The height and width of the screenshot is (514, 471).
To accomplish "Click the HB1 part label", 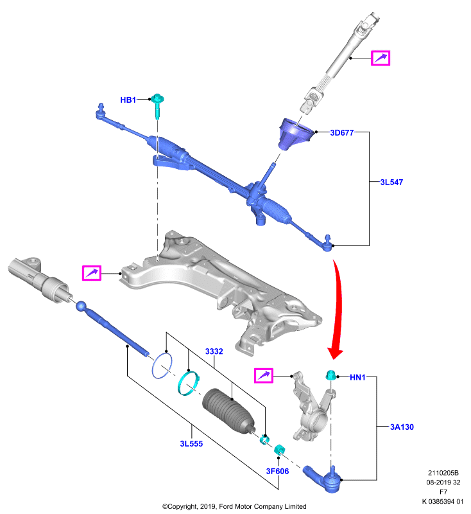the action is point(128,100).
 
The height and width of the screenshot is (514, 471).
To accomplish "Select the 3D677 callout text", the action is point(342,132).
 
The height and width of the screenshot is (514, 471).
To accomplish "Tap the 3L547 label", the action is point(391,182).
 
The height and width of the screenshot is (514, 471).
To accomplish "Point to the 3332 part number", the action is point(214,351).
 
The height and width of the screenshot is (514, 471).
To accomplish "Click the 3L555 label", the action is point(191,443).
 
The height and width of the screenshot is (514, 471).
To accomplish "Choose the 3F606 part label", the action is point(278,471).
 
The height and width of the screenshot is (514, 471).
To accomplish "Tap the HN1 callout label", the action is point(358,377).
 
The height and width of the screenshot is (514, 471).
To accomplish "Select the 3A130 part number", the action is point(402,427).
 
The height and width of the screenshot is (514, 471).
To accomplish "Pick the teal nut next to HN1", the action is point(330,375).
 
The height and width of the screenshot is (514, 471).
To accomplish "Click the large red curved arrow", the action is point(338,308).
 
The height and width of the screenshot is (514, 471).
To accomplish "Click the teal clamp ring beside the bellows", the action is point(188,383).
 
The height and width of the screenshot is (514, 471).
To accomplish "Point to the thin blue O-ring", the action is point(162,366).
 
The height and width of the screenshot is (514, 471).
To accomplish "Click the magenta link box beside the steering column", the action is point(381,58).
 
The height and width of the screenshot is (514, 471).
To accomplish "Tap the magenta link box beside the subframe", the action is point(91,272).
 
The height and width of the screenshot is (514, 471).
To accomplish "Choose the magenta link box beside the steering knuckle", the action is point(264,375).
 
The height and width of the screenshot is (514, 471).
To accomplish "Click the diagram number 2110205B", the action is point(443,473).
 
